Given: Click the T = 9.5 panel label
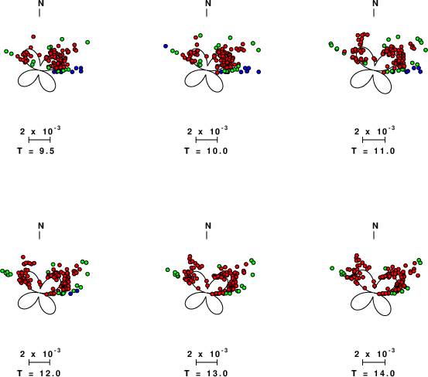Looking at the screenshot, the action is tap(36, 151).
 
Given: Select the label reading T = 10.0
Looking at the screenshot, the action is tap(206, 151).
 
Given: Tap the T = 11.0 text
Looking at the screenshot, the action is tap(373, 151).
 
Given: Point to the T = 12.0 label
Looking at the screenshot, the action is tap(39, 373).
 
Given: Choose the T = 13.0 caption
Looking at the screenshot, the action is tap(206, 373).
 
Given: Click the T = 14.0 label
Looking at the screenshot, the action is tap(373, 373).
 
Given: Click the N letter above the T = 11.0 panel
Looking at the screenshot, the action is tap(375, 3).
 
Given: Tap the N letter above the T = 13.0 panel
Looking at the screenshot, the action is tap(208, 226).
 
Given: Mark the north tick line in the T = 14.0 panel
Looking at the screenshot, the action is tap(374, 236).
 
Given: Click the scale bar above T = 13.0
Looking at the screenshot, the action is tap(207, 362).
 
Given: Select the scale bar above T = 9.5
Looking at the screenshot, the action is tap(39, 140).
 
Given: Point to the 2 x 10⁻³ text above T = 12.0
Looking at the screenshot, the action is tap(40, 354).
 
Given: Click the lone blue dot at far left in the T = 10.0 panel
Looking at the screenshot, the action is tap(166, 46).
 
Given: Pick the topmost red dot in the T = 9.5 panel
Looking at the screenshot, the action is tap(33, 36).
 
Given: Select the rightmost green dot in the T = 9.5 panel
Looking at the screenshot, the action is tap(87, 42).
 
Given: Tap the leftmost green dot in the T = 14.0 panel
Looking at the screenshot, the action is tap(332, 268).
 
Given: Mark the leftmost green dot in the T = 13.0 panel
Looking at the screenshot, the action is tap(168, 270).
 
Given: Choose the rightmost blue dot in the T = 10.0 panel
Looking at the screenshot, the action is tap(259, 72).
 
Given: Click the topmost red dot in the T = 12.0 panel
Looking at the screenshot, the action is tap(23, 257).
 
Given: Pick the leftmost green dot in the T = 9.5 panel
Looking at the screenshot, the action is tap(6, 51).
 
